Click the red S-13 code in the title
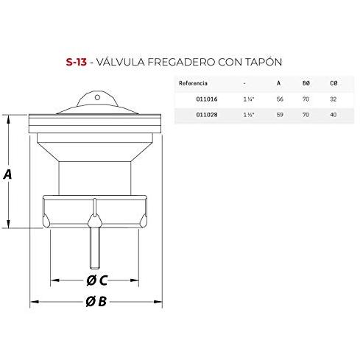point(77,62)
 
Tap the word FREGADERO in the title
point(181,62)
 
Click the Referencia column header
point(193,83)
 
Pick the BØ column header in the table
point(306,83)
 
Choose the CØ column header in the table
point(333,83)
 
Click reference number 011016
point(207,99)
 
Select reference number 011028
point(207,115)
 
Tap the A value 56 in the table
point(280,99)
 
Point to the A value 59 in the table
point(280,115)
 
